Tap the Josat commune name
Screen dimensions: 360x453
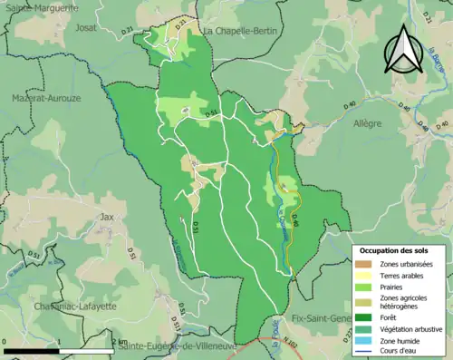[89, 27]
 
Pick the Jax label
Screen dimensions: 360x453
[108, 217]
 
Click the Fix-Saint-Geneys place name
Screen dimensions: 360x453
[323, 318]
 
